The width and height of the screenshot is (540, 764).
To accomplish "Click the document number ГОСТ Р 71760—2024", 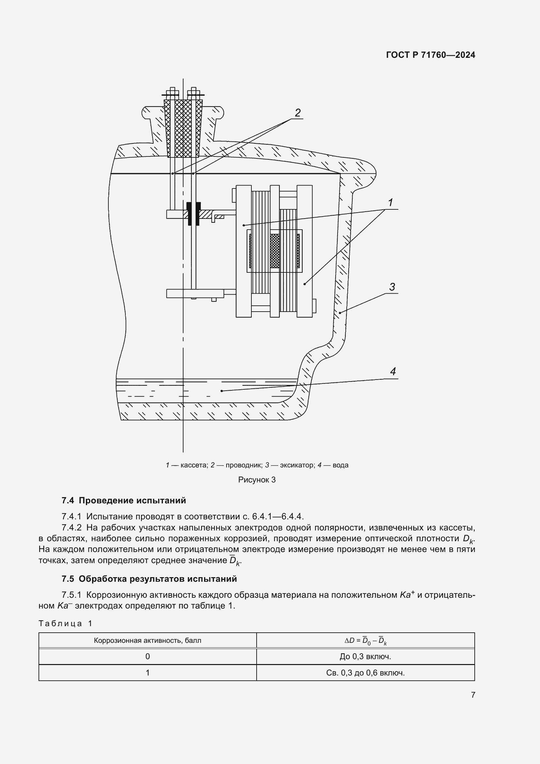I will [x=431, y=55].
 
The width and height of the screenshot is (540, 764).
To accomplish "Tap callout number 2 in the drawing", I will [x=298, y=113].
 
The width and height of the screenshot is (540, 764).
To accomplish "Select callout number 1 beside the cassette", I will [x=390, y=202].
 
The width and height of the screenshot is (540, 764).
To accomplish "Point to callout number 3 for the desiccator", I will [x=392, y=287].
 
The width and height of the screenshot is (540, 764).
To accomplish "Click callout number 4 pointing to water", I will [x=393, y=372].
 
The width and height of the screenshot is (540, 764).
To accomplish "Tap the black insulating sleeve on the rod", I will [x=194, y=214].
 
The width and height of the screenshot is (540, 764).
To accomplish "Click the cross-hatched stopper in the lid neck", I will [x=183, y=128].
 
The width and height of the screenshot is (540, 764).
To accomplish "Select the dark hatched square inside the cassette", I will [x=275, y=251].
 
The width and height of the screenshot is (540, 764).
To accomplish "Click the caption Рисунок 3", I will [x=257, y=480].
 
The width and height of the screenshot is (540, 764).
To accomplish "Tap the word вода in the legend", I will [x=340, y=465].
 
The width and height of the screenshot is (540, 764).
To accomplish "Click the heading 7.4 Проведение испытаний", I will [x=124, y=500].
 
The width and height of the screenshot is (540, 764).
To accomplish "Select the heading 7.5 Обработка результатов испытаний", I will [x=149, y=579].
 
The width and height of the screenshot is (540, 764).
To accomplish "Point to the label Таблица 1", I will [x=65, y=623].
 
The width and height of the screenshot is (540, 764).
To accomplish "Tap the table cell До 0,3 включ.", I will [x=365, y=657].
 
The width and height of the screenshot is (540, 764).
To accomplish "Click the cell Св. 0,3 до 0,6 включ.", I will [x=365, y=673].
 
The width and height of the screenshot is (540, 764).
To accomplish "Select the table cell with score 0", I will [x=147, y=657].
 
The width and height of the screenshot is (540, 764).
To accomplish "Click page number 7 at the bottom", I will [x=473, y=695].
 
